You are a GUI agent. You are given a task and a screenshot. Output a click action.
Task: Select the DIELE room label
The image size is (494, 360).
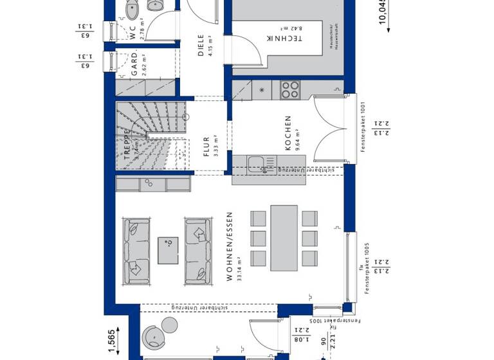201,45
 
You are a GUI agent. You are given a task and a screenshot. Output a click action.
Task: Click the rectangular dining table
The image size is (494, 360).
284,238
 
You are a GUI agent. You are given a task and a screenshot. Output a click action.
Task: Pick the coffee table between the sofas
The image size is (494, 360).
169,250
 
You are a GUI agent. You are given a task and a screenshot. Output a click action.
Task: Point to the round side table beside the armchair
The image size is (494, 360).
170,322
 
